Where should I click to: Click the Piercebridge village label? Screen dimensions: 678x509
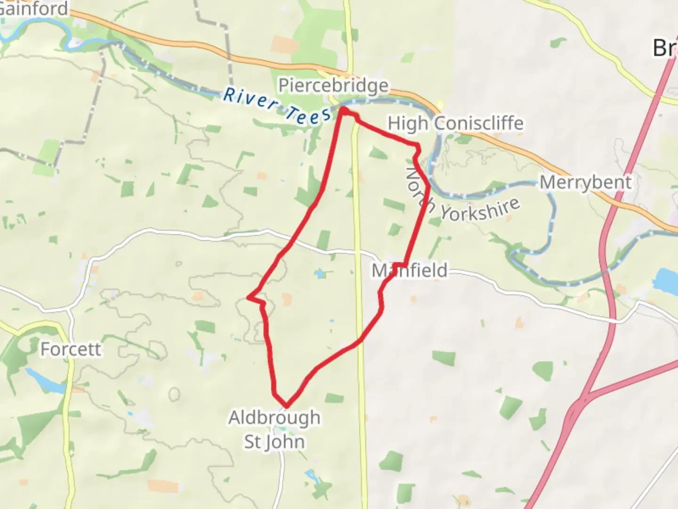click(x=333, y=86)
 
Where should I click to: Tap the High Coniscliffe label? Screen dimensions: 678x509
click(x=455, y=123)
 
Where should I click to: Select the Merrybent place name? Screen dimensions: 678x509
click(x=585, y=182)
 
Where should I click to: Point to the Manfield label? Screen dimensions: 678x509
click(x=409, y=271)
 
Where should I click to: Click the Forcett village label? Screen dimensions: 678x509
click(x=71, y=349)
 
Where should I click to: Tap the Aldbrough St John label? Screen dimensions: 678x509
click(x=274, y=429)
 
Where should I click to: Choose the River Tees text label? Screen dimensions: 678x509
click(x=276, y=107)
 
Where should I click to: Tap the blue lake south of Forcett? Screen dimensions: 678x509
click(x=45, y=380)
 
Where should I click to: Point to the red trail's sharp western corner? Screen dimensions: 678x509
click(x=249, y=297)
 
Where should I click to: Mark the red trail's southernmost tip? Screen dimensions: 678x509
click(x=286, y=405)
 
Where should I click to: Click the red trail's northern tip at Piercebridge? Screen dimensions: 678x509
click(x=344, y=110)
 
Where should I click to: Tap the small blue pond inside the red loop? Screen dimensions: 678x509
click(x=321, y=273)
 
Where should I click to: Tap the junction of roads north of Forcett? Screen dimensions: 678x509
click(x=70, y=310)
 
